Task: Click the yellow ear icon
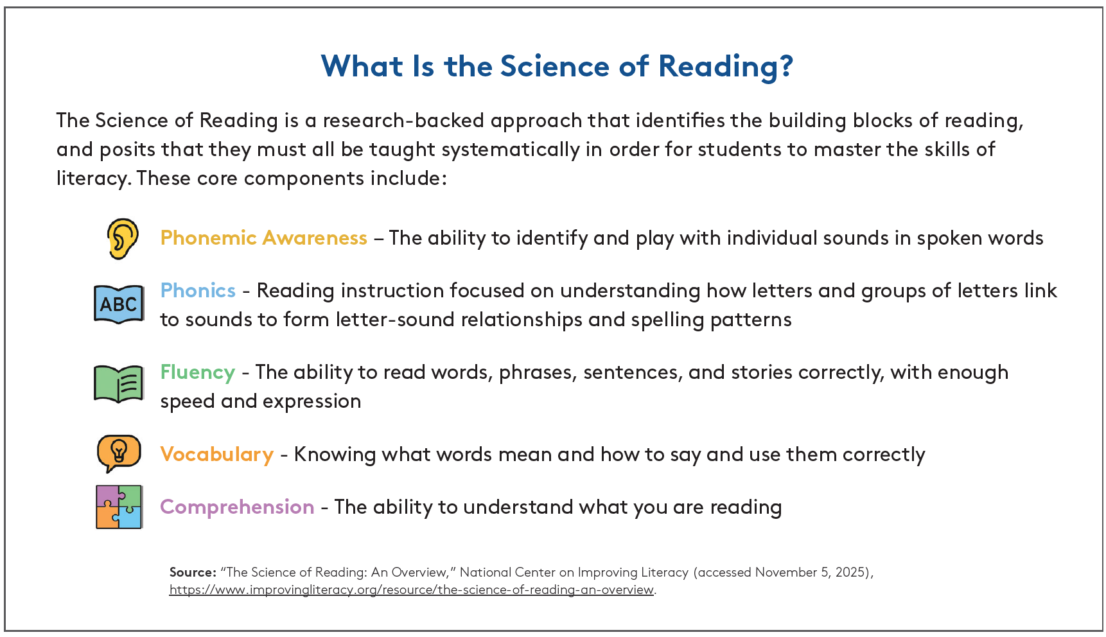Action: pos(122,238)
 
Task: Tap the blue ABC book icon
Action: pos(119,304)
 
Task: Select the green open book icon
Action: pos(119,383)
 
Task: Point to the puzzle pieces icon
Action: pos(119,507)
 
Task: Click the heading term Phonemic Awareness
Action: pos(263,238)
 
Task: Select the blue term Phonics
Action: pos(198,291)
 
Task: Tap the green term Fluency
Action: pos(198,373)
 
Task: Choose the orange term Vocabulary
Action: pos(217,455)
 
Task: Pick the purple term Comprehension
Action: pos(237,507)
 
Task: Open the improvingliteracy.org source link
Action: pos(412,589)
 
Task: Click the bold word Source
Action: pos(193,572)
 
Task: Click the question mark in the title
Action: pos(787,65)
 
